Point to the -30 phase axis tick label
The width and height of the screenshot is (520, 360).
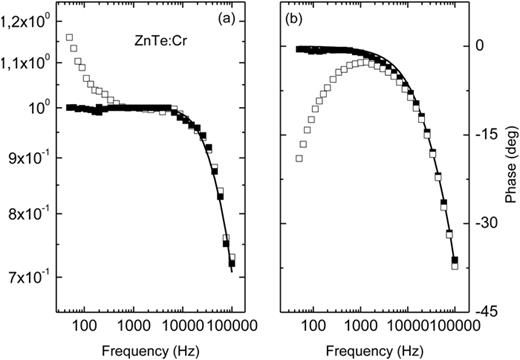point(481,223)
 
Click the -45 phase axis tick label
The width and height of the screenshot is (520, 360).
point(481,312)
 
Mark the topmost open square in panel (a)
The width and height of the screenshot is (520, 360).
point(69,38)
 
